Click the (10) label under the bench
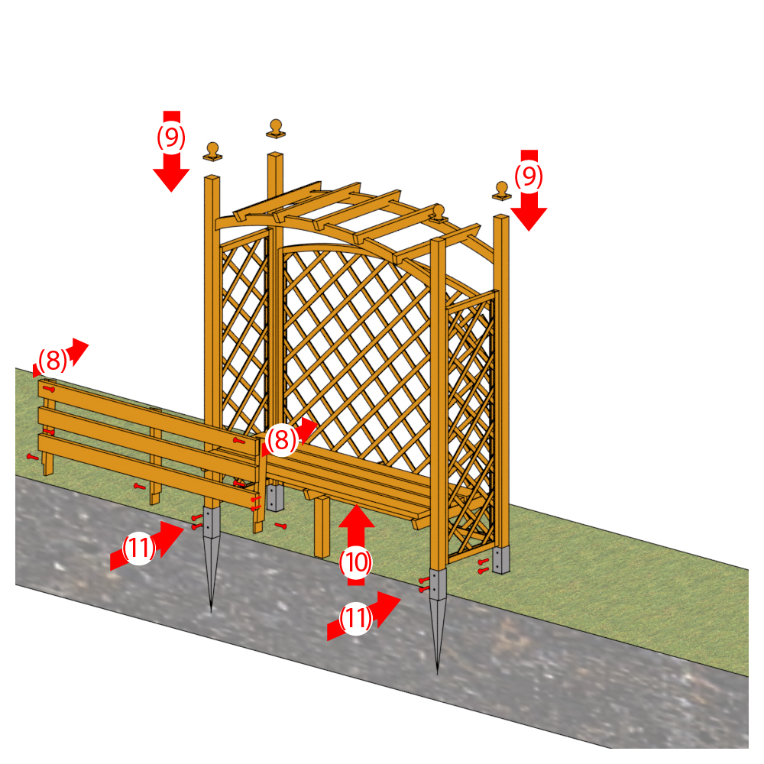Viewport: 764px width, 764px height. tap(356, 562)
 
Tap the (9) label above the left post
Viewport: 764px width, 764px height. tap(171, 137)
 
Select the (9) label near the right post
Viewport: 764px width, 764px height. tap(529, 176)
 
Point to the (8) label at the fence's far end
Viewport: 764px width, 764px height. tap(53, 360)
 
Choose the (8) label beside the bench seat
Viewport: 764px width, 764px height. tap(282, 439)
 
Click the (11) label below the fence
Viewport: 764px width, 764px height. tap(139, 548)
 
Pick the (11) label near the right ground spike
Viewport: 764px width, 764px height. tap(356, 618)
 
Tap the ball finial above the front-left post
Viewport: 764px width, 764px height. tap(212, 151)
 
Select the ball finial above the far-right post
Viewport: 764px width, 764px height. tap(501, 190)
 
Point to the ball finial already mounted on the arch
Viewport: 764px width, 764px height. tap(438, 213)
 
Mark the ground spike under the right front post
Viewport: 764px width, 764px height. tap(438, 620)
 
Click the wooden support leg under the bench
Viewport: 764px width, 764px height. tap(322, 526)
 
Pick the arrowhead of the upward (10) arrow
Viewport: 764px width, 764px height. tap(357, 516)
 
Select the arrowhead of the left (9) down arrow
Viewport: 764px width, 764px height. tap(171, 180)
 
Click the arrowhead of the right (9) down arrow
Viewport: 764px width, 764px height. tap(529, 219)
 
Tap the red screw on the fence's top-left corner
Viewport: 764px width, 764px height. tap(49, 389)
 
